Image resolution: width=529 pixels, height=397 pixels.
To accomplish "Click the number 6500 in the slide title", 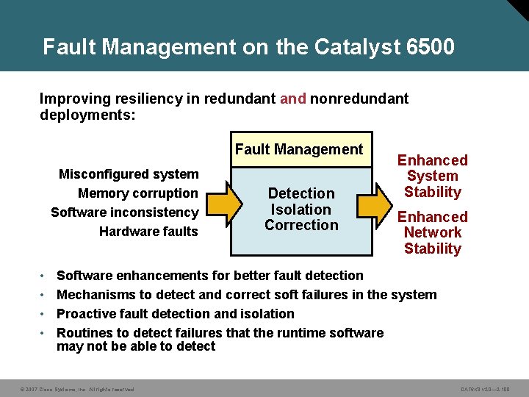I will coord(430,47).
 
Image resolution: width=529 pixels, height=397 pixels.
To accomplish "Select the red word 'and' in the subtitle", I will coord(293,98).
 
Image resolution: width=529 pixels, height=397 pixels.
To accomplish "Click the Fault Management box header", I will coord(299,150).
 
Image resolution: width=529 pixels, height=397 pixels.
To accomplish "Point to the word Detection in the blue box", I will coord(301,193).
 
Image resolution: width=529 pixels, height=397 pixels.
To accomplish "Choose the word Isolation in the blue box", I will coord(301,210).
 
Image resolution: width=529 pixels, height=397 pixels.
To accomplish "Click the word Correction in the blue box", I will coord(301,225).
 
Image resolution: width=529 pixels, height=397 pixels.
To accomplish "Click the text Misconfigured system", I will coord(129,174).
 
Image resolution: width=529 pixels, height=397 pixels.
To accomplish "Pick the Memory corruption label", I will coord(138,193).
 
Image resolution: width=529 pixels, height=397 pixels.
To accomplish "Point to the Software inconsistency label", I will coord(125,212).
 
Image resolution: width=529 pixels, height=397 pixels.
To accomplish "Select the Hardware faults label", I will coord(149,232).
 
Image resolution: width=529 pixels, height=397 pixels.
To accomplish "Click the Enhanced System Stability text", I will coord(433,176).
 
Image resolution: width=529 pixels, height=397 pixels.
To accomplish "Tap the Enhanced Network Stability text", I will coord(433,232).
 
